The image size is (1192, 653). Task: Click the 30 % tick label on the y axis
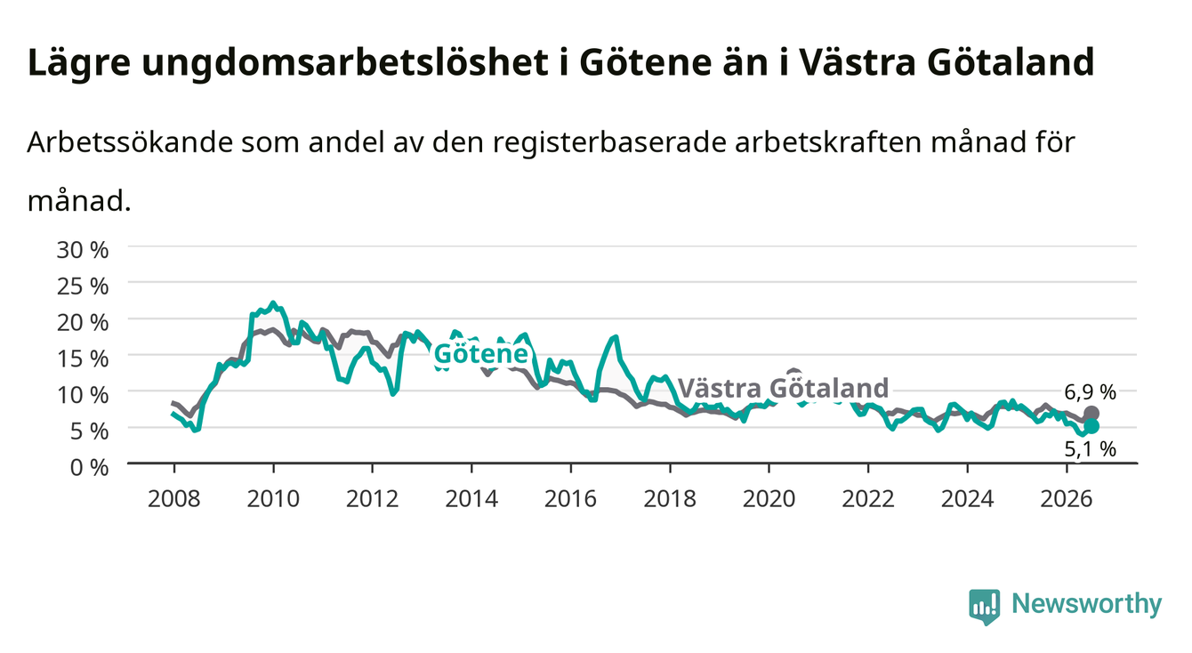(x=83, y=250)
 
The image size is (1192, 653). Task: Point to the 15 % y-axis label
(x=83, y=359)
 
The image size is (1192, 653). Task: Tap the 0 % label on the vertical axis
(x=89, y=467)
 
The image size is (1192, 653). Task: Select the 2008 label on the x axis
(x=173, y=499)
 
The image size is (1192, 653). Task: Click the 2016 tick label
(x=570, y=499)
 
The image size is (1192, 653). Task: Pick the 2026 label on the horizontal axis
(x=1067, y=499)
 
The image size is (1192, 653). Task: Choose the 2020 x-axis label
(x=769, y=499)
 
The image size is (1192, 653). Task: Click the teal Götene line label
(x=481, y=353)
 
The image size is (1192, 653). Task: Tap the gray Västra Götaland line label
(x=784, y=388)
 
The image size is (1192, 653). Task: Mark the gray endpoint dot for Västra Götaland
(x=1091, y=413)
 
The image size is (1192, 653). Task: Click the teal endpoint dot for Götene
(x=1091, y=426)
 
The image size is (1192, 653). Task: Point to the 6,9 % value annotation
(x=1090, y=392)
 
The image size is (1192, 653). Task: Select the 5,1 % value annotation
(x=1090, y=449)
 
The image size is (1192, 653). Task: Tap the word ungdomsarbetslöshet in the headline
(x=345, y=63)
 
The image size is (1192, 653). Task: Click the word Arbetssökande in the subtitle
(x=130, y=142)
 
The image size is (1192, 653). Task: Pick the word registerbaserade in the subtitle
(x=609, y=143)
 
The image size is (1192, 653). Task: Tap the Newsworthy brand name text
(x=1087, y=605)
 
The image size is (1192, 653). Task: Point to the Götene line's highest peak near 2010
(x=273, y=302)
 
